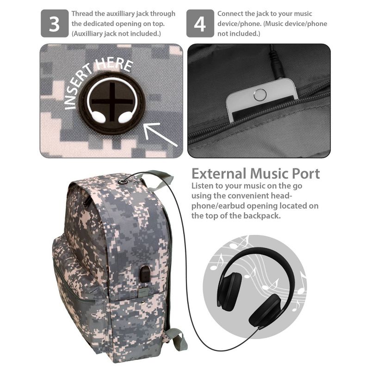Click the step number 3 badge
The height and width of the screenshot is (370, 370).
55,24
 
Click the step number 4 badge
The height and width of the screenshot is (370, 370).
200,24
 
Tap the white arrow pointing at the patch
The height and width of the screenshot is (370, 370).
160,134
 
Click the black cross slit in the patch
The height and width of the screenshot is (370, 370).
112,102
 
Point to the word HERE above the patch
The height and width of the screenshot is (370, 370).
115,64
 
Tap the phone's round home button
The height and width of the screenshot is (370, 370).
260,95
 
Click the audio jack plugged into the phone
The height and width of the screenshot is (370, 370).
276,64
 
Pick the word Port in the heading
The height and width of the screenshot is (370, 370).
306,174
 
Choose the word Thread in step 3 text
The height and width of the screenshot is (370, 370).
82,14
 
